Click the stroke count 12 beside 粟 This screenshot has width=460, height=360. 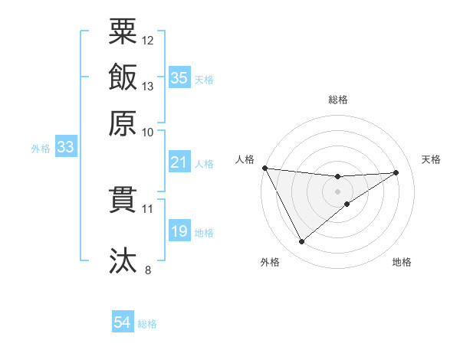point(148,40)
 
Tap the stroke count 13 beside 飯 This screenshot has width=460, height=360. point(148,86)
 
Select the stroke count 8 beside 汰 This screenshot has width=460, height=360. point(148,270)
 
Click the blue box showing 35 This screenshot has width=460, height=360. point(179,77)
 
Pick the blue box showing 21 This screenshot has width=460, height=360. point(179,162)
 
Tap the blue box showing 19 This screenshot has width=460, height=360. point(179,231)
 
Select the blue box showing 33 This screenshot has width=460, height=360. point(65,147)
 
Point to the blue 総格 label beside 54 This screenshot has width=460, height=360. point(147,324)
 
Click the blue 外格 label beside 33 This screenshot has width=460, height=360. point(41,149)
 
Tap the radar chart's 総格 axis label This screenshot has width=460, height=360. point(338,100)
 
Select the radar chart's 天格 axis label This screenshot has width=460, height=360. point(432,159)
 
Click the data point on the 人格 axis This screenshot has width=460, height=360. point(264,168)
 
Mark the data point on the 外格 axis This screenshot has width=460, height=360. point(301,242)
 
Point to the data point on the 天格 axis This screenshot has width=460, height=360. point(396,172)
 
